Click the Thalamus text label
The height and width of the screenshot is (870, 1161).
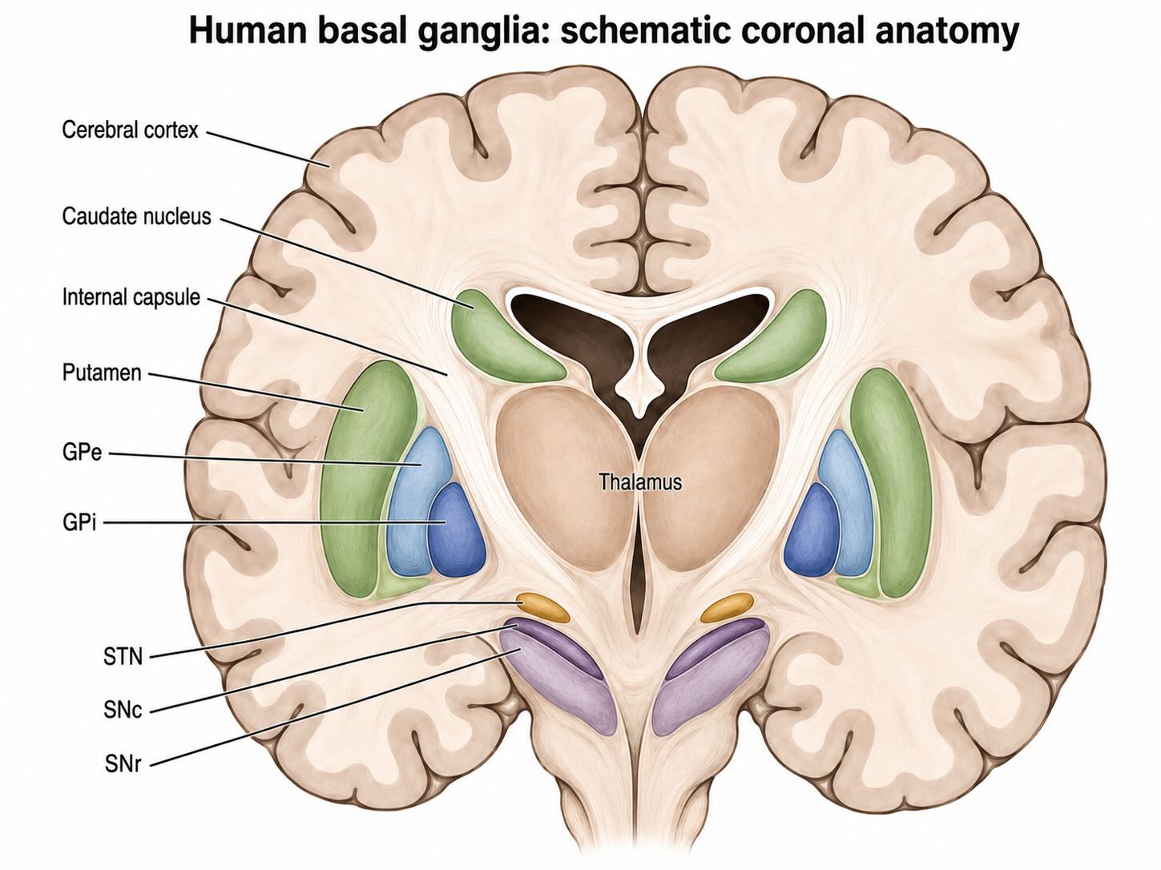pos(640,481)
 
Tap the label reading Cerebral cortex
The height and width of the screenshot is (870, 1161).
pos(130,130)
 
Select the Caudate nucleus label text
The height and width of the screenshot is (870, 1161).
pos(136,216)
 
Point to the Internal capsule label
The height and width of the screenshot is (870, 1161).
pos(131,297)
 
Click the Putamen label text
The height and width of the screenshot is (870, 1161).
pos(102,373)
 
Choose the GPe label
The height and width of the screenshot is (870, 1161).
pos(82,453)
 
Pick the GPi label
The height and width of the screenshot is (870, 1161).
pos(79,523)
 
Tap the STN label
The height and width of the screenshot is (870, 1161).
pos(123,657)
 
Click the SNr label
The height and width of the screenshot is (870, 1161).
pos(123,763)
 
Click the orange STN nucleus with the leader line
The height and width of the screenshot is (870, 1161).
pos(542,607)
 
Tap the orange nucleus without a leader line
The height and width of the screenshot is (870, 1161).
pos(728,607)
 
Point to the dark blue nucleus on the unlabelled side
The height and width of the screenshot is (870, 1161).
pos(812,530)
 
